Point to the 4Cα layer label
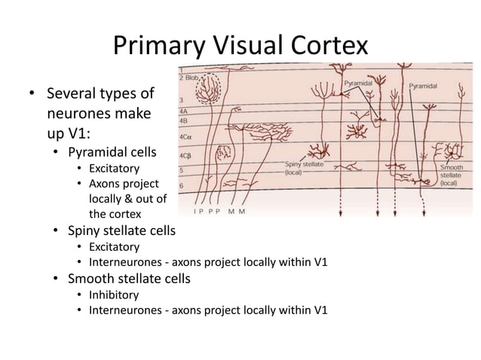click(x=185, y=138)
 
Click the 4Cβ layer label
click(x=185, y=156)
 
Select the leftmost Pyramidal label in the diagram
click(x=359, y=81)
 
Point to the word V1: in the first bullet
click(x=58, y=136)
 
